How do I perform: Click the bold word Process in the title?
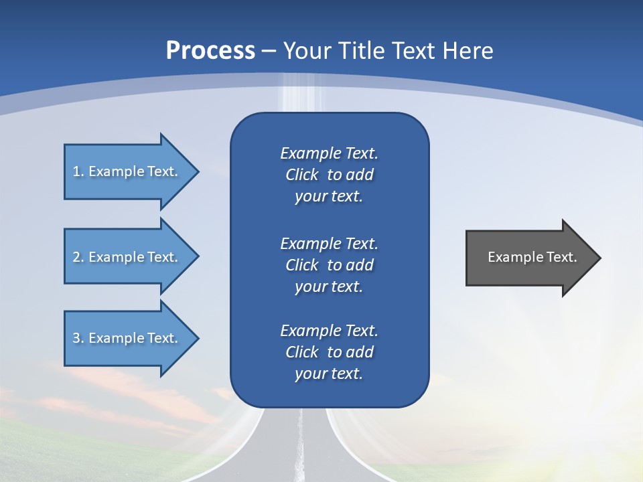point(210,51)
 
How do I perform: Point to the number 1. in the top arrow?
point(78,171)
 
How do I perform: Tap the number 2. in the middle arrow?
point(78,257)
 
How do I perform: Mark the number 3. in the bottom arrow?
point(78,338)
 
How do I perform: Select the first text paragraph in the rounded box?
point(329,175)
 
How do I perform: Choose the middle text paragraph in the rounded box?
point(329,265)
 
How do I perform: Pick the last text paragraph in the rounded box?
point(329,352)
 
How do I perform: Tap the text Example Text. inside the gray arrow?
point(532,257)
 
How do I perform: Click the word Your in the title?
point(305,51)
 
